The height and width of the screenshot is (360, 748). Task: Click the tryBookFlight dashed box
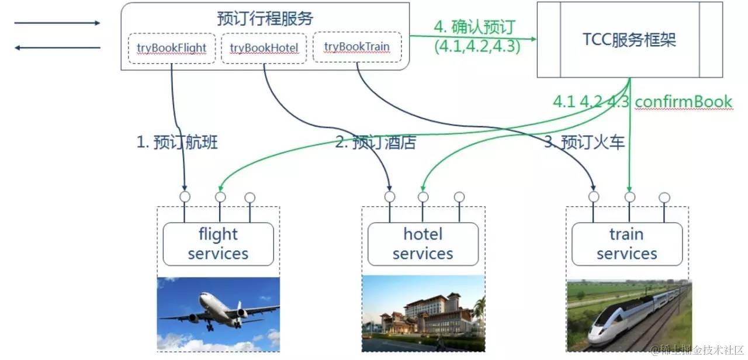click(x=171, y=47)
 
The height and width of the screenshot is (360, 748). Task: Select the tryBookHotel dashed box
click(x=264, y=47)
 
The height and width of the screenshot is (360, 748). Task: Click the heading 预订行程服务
click(x=265, y=19)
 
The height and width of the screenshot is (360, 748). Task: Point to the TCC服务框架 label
click(x=629, y=39)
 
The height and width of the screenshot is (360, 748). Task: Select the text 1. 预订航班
click(x=177, y=142)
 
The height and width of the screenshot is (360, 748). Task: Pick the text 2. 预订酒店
click(x=376, y=143)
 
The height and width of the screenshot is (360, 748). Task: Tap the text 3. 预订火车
click(x=584, y=142)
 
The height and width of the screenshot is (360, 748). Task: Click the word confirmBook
click(x=683, y=102)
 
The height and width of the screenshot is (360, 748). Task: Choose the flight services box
click(x=218, y=244)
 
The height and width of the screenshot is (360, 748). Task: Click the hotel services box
click(x=423, y=244)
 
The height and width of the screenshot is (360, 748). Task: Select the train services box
click(x=627, y=244)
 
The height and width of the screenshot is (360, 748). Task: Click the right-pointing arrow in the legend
click(x=57, y=23)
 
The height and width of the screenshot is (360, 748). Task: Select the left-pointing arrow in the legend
click(x=57, y=47)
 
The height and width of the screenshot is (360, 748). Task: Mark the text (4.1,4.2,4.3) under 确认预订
click(x=477, y=46)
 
